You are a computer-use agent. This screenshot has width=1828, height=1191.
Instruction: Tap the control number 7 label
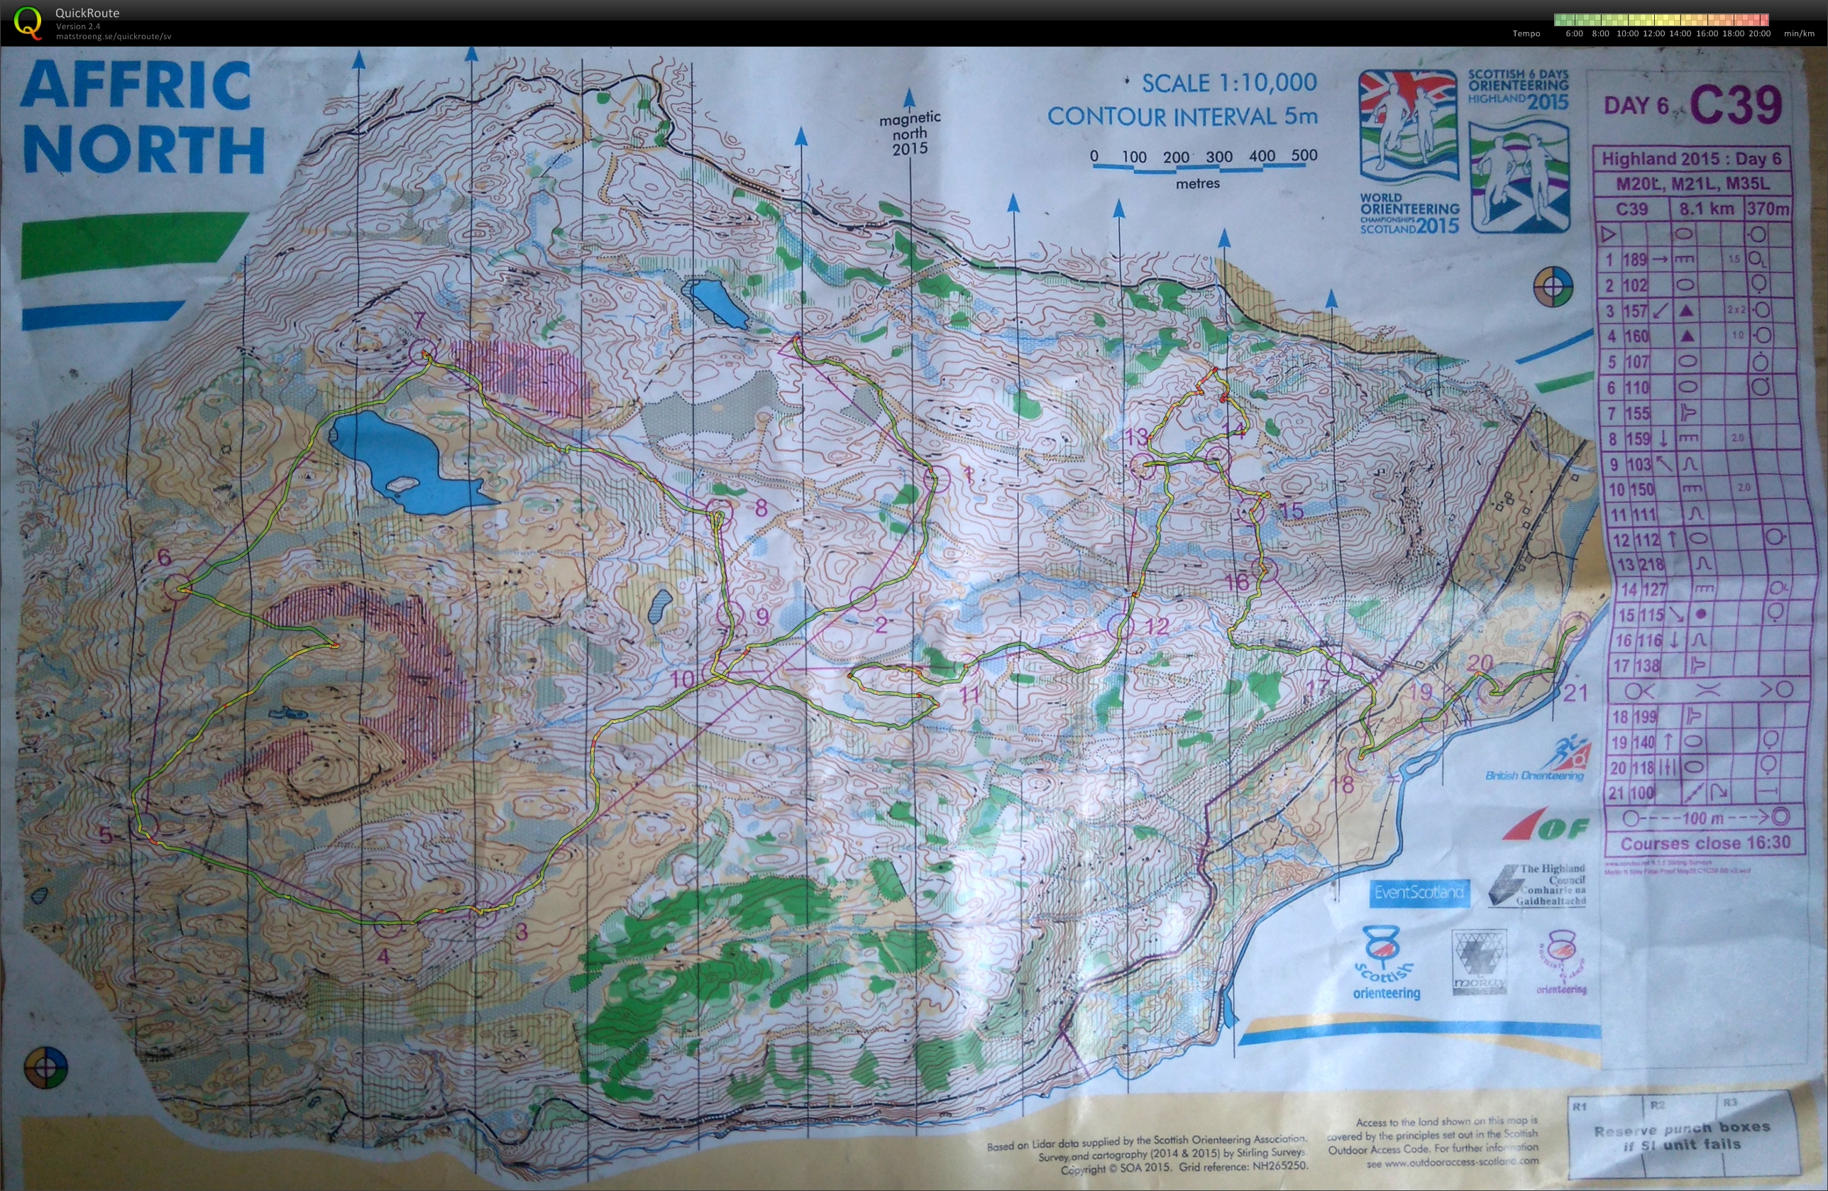(x=419, y=322)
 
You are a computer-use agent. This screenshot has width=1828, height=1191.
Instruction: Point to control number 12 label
(x=1156, y=625)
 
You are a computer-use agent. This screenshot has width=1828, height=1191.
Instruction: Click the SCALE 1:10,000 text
(x=1229, y=82)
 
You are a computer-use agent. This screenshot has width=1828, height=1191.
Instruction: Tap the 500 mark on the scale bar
(x=1304, y=155)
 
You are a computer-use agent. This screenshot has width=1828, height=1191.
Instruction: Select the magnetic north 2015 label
(x=910, y=133)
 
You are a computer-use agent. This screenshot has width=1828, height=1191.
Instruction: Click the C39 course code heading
(x=1735, y=104)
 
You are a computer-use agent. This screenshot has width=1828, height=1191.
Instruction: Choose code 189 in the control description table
(x=1634, y=260)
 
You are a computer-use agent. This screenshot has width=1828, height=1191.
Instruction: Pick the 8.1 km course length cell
(x=1705, y=208)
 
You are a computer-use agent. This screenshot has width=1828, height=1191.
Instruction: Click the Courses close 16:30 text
(x=1705, y=843)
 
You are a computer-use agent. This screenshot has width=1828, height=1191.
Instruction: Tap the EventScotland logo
(x=1419, y=892)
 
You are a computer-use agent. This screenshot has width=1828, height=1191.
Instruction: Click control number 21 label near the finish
(x=1575, y=693)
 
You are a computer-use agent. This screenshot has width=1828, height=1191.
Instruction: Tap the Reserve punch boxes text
(x=1680, y=1136)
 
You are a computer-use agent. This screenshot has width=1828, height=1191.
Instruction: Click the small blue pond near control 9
(x=659, y=606)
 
